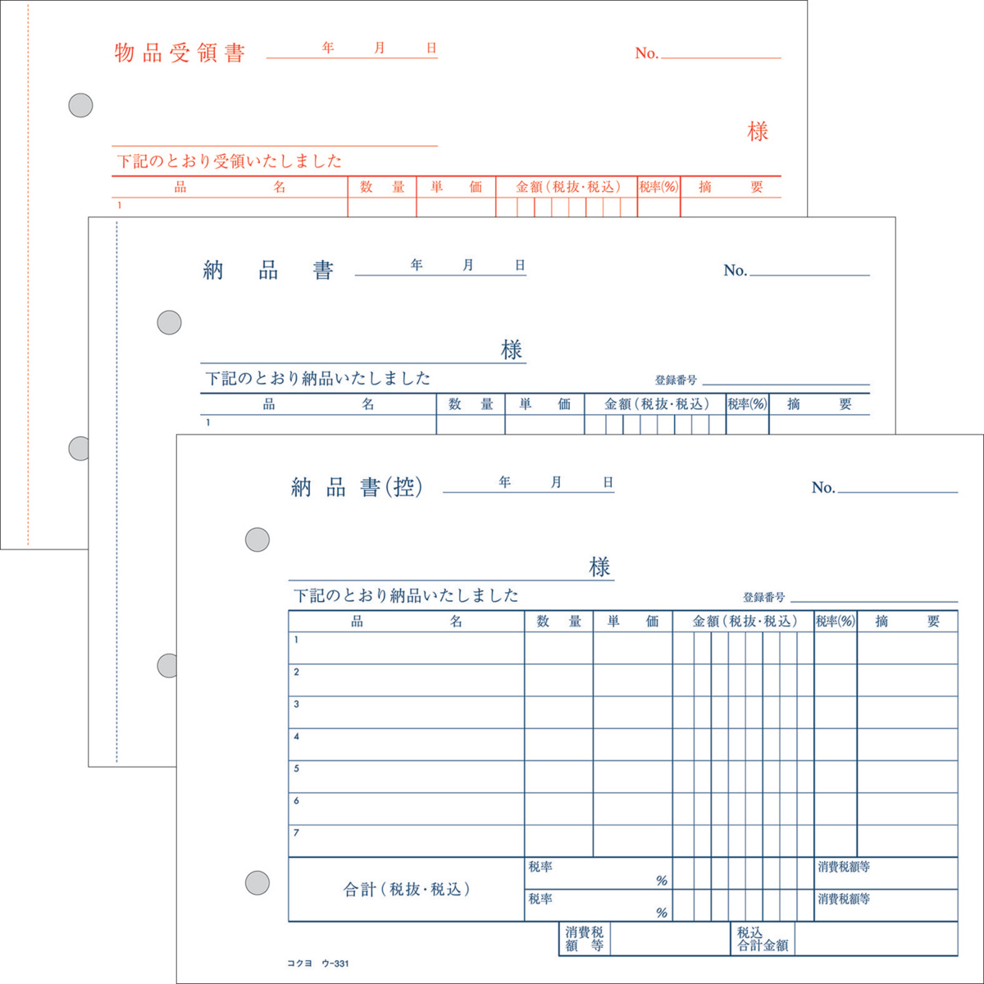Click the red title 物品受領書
[180, 52]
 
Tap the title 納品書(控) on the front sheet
[357, 487]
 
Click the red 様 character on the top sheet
[758, 132]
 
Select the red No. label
[646, 53]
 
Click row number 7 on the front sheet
[296, 833]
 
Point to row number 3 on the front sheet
[296, 704]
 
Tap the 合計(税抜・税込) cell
[407, 890]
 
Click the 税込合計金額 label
[763, 939]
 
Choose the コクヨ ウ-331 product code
[317, 963]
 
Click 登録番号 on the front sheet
[764, 596]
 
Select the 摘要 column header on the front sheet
[908, 622]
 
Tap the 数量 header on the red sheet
[382, 187]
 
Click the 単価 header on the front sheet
[633, 622]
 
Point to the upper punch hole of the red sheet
[80, 106]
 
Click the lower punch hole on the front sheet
[257, 883]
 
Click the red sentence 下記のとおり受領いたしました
[230, 162]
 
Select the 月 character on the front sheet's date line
[556, 482]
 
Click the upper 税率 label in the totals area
[540, 867]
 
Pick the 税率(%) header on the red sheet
[658, 187]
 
